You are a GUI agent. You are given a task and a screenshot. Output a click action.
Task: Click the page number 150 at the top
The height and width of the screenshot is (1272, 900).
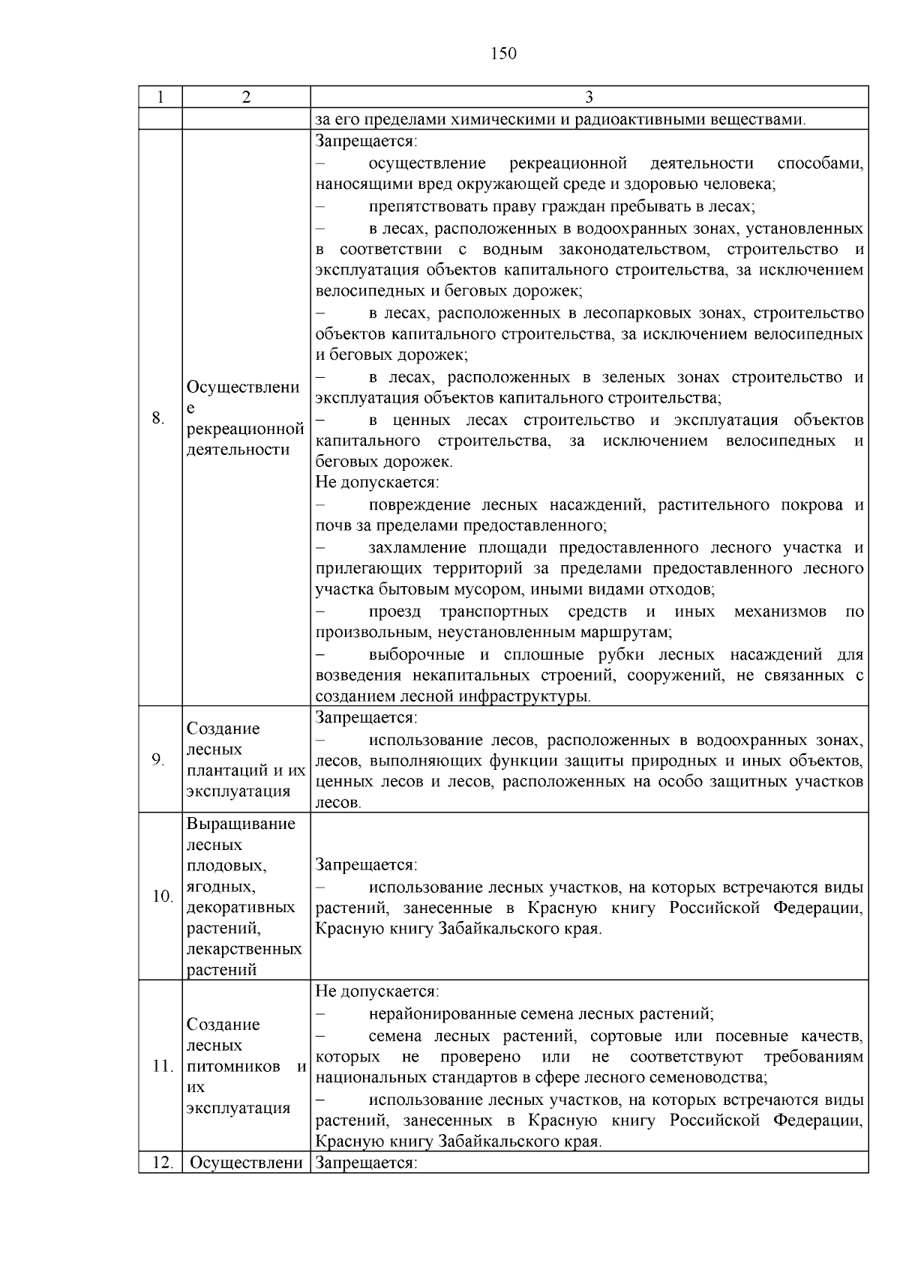click(x=503, y=53)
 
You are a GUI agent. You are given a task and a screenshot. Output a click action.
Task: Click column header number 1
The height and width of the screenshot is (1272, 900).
click(x=160, y=97)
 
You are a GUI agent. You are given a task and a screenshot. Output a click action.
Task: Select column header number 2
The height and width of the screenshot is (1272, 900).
click(x=246, y=97)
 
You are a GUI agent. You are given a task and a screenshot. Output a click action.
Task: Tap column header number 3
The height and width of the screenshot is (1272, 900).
click(x=589, y=97)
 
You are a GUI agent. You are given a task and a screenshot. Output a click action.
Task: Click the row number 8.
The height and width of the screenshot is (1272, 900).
click(x=157, y=418)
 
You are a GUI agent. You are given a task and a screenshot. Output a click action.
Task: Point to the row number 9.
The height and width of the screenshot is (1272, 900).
click(x=157, y=759)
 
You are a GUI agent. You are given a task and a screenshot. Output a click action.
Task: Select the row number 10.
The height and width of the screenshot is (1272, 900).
click(x=162, y=896)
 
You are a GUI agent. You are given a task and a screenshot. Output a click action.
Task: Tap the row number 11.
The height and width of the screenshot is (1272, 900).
click(x=162, y=1066)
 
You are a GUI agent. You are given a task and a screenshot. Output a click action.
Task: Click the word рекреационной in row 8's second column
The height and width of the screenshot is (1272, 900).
click(x=245, y=429)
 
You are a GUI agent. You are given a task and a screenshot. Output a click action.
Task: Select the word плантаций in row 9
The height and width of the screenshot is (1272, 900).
click(x=220, y=771)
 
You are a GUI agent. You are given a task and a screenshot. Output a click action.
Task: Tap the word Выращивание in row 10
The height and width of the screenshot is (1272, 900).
click(x=241, y=824)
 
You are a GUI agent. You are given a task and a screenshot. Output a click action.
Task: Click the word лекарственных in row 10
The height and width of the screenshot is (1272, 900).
click(x=244, y=949)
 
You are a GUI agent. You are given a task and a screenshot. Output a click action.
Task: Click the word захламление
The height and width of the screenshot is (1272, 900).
click(x=416, y=548)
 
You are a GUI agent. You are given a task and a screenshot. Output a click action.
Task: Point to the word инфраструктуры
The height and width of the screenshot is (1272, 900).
click(x=532, y=696)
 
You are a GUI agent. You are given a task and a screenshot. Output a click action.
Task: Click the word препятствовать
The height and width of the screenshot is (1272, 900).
click(x=424, y=206)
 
